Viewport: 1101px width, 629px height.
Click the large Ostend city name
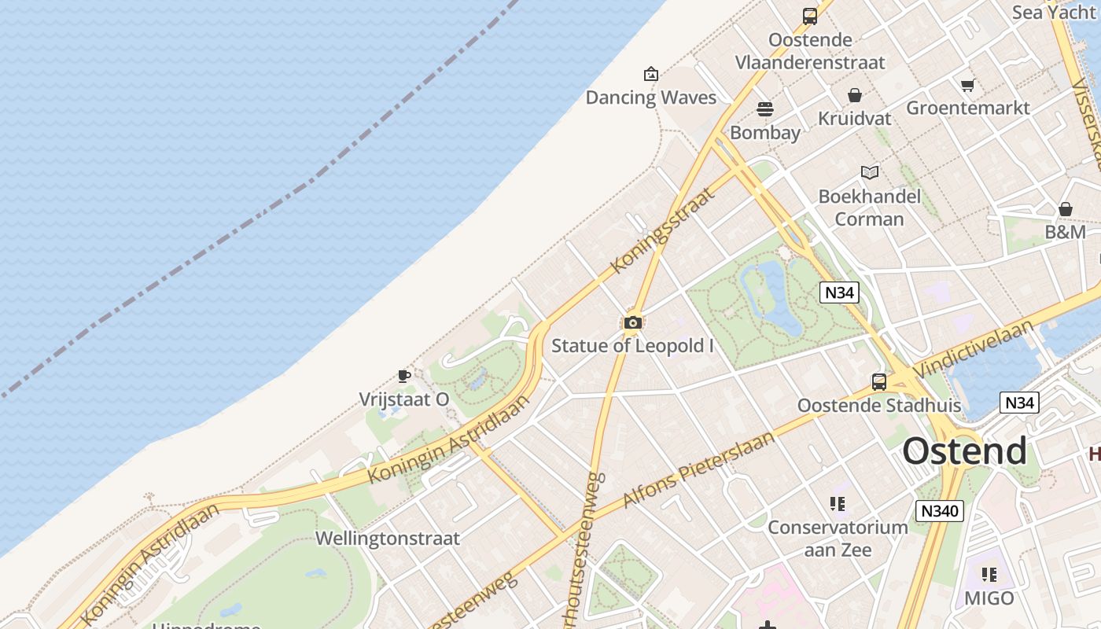964,451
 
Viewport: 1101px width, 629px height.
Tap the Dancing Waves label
651,97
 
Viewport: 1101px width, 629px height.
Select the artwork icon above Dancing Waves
651,75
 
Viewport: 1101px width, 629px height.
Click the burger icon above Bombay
765,109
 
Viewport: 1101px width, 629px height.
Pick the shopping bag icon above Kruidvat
855,95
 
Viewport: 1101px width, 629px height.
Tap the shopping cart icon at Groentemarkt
967,85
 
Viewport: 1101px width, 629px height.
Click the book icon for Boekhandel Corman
869,172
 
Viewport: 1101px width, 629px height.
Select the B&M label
1065,232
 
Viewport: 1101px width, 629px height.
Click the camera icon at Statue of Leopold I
632,322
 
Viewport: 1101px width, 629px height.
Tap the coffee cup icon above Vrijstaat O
404,376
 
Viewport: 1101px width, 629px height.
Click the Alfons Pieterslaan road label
698,469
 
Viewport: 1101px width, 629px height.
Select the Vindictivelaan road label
974,349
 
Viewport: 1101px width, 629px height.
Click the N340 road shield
940,511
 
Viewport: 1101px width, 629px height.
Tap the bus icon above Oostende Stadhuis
878,382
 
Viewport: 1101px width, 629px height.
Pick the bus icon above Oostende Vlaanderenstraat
809,16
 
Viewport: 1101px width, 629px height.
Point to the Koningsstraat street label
662,230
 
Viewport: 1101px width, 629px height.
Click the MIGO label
989,598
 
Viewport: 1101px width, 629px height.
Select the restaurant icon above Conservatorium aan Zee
837,503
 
